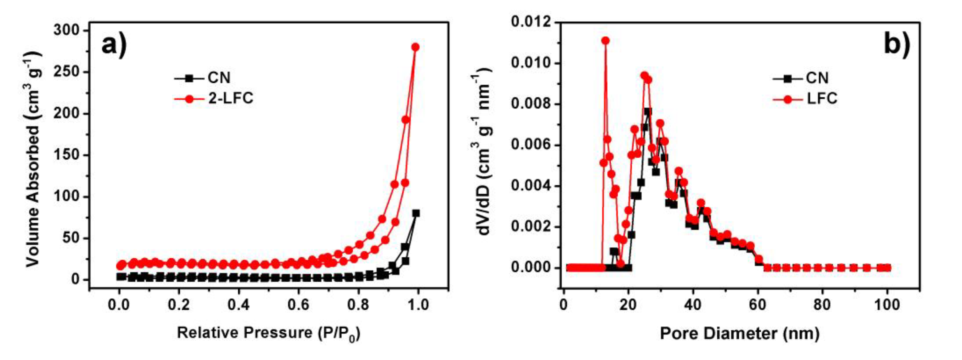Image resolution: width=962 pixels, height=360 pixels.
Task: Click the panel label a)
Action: (x=114, y=47)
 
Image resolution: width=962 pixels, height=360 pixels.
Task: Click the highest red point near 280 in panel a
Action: (x=415, y=47)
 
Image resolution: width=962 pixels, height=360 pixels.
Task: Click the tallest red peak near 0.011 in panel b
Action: (x=605, y=41)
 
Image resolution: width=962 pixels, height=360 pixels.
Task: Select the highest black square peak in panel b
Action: (x=648, y=112)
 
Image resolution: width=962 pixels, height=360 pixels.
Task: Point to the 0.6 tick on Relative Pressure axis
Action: (x=298, y=305)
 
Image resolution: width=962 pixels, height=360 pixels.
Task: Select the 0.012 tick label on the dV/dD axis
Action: (x=531, y=22)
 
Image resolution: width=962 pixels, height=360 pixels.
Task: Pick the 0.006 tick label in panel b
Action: (x=531, y=145)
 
